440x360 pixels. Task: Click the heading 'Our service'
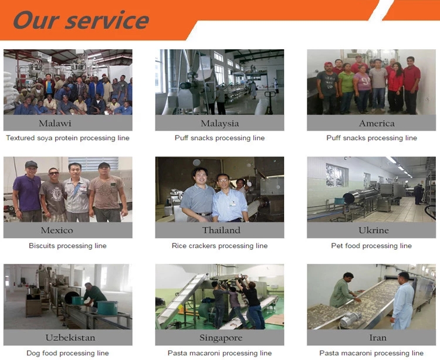pos(81,20)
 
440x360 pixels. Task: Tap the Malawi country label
pos(55,123)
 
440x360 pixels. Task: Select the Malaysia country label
pos(220,123)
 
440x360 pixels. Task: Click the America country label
pos(377,123)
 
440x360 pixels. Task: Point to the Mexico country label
pos(57,230)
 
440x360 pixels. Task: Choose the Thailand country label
pos(221,230)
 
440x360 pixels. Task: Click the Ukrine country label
pos(374,230)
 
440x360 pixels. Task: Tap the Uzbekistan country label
pos(70,338)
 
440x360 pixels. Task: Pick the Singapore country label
pos(221,338)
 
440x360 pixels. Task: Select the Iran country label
pos(378,338)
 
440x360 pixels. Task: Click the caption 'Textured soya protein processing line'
pos(67,138)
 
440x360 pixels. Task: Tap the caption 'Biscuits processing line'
pos(67,246)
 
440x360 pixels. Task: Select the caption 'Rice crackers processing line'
pos(220,246)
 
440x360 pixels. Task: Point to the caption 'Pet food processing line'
pos(371,246)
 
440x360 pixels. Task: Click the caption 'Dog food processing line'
pos(67,353)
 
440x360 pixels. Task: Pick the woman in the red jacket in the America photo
pos(395,87)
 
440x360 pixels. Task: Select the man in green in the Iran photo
pos(343,290)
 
